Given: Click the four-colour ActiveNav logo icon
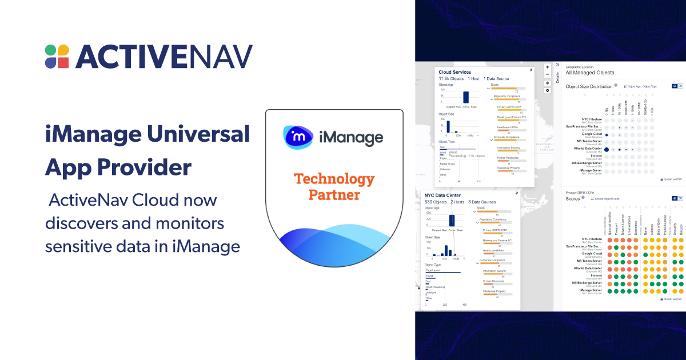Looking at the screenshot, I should click(57, 56).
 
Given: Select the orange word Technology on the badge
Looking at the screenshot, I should click(334, 179).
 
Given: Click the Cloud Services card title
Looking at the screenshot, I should click(454, 72).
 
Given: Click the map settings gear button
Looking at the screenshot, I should click(547, 90).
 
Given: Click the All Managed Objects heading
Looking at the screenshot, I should click(589, 73).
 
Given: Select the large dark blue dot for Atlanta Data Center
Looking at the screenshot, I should click(607, 149).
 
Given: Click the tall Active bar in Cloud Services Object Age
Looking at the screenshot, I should click(466, 97).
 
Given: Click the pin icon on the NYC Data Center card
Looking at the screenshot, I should click(516, 193).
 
